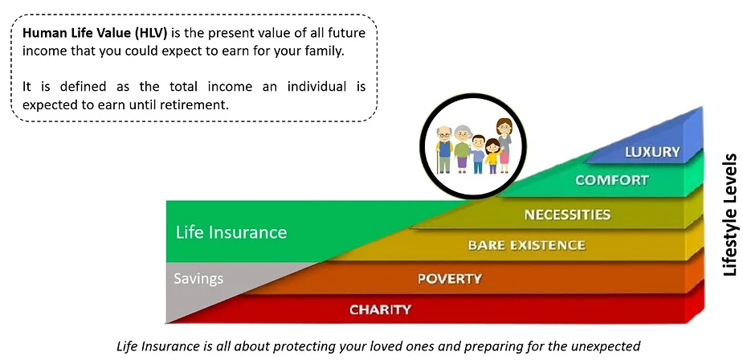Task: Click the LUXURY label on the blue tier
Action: click(x=652, y=152)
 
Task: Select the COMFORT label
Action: click(x=612, y=180)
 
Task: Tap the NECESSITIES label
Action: click(x=567, y=215)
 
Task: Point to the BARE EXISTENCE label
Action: click(x=526, y=245)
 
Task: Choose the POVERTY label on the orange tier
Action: click(x=450, y=278)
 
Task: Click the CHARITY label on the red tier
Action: click(x=381, y=309)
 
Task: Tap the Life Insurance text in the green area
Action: click(x=231, y=232)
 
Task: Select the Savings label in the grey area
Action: click(x=198, y=278)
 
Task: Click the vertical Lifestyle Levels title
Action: click(x=729, y=215)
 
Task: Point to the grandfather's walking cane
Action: click(x=437, y=162)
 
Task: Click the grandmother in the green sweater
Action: click(x=462, y=149)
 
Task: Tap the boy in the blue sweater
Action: click(x=478, y=154)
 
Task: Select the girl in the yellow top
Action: click(x=493, y=156)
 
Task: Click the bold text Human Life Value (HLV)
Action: click(x=96, y=33)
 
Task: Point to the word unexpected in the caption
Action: click(x=610, y=346)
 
